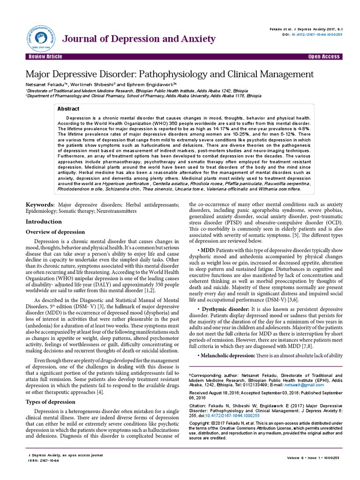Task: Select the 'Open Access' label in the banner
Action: pyautogui.click(x=324, y=57)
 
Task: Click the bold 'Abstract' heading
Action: pyautogui.click(x=68, y=109)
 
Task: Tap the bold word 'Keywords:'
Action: pyautogui.click(x=40, y=205)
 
